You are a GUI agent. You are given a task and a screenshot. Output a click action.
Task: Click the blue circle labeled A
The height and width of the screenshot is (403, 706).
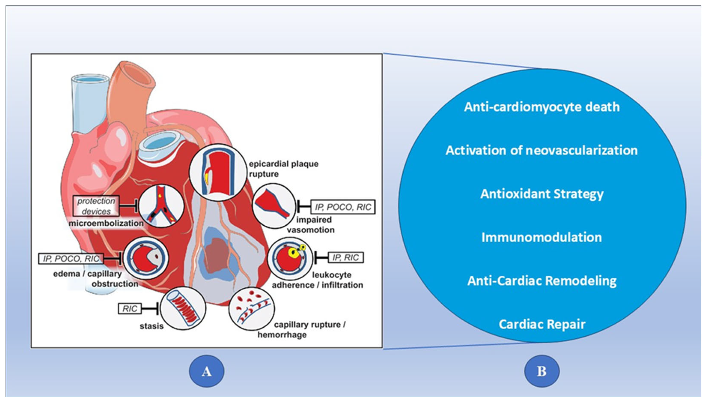click(207, 371)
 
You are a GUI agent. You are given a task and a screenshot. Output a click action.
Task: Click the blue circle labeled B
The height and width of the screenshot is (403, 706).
click(542, 371)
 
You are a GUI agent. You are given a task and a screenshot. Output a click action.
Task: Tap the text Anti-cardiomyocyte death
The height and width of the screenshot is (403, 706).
click(542, 107)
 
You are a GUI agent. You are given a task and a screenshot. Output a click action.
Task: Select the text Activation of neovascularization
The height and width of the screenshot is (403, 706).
click(542, 150)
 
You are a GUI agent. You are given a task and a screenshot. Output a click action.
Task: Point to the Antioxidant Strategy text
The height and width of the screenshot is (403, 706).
click(542, 194)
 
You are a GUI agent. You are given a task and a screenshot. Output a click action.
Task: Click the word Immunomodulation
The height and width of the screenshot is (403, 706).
click(542, 237)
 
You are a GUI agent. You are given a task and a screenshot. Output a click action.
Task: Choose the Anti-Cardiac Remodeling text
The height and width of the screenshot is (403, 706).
click(542, 281)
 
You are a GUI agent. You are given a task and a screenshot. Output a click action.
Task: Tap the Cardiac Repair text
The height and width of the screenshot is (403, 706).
click(542, 324)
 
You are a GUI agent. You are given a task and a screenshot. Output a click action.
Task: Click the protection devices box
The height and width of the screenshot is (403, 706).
click(96, 206)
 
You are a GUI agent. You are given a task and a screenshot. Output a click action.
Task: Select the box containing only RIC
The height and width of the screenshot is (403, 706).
click(129, 309)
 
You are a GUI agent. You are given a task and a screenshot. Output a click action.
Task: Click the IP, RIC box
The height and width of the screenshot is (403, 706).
click(346, 258)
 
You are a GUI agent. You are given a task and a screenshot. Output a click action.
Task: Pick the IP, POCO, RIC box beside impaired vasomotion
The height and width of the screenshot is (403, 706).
click(343, 207)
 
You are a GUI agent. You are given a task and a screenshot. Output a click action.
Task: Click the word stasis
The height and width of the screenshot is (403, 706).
click(152, 326)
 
